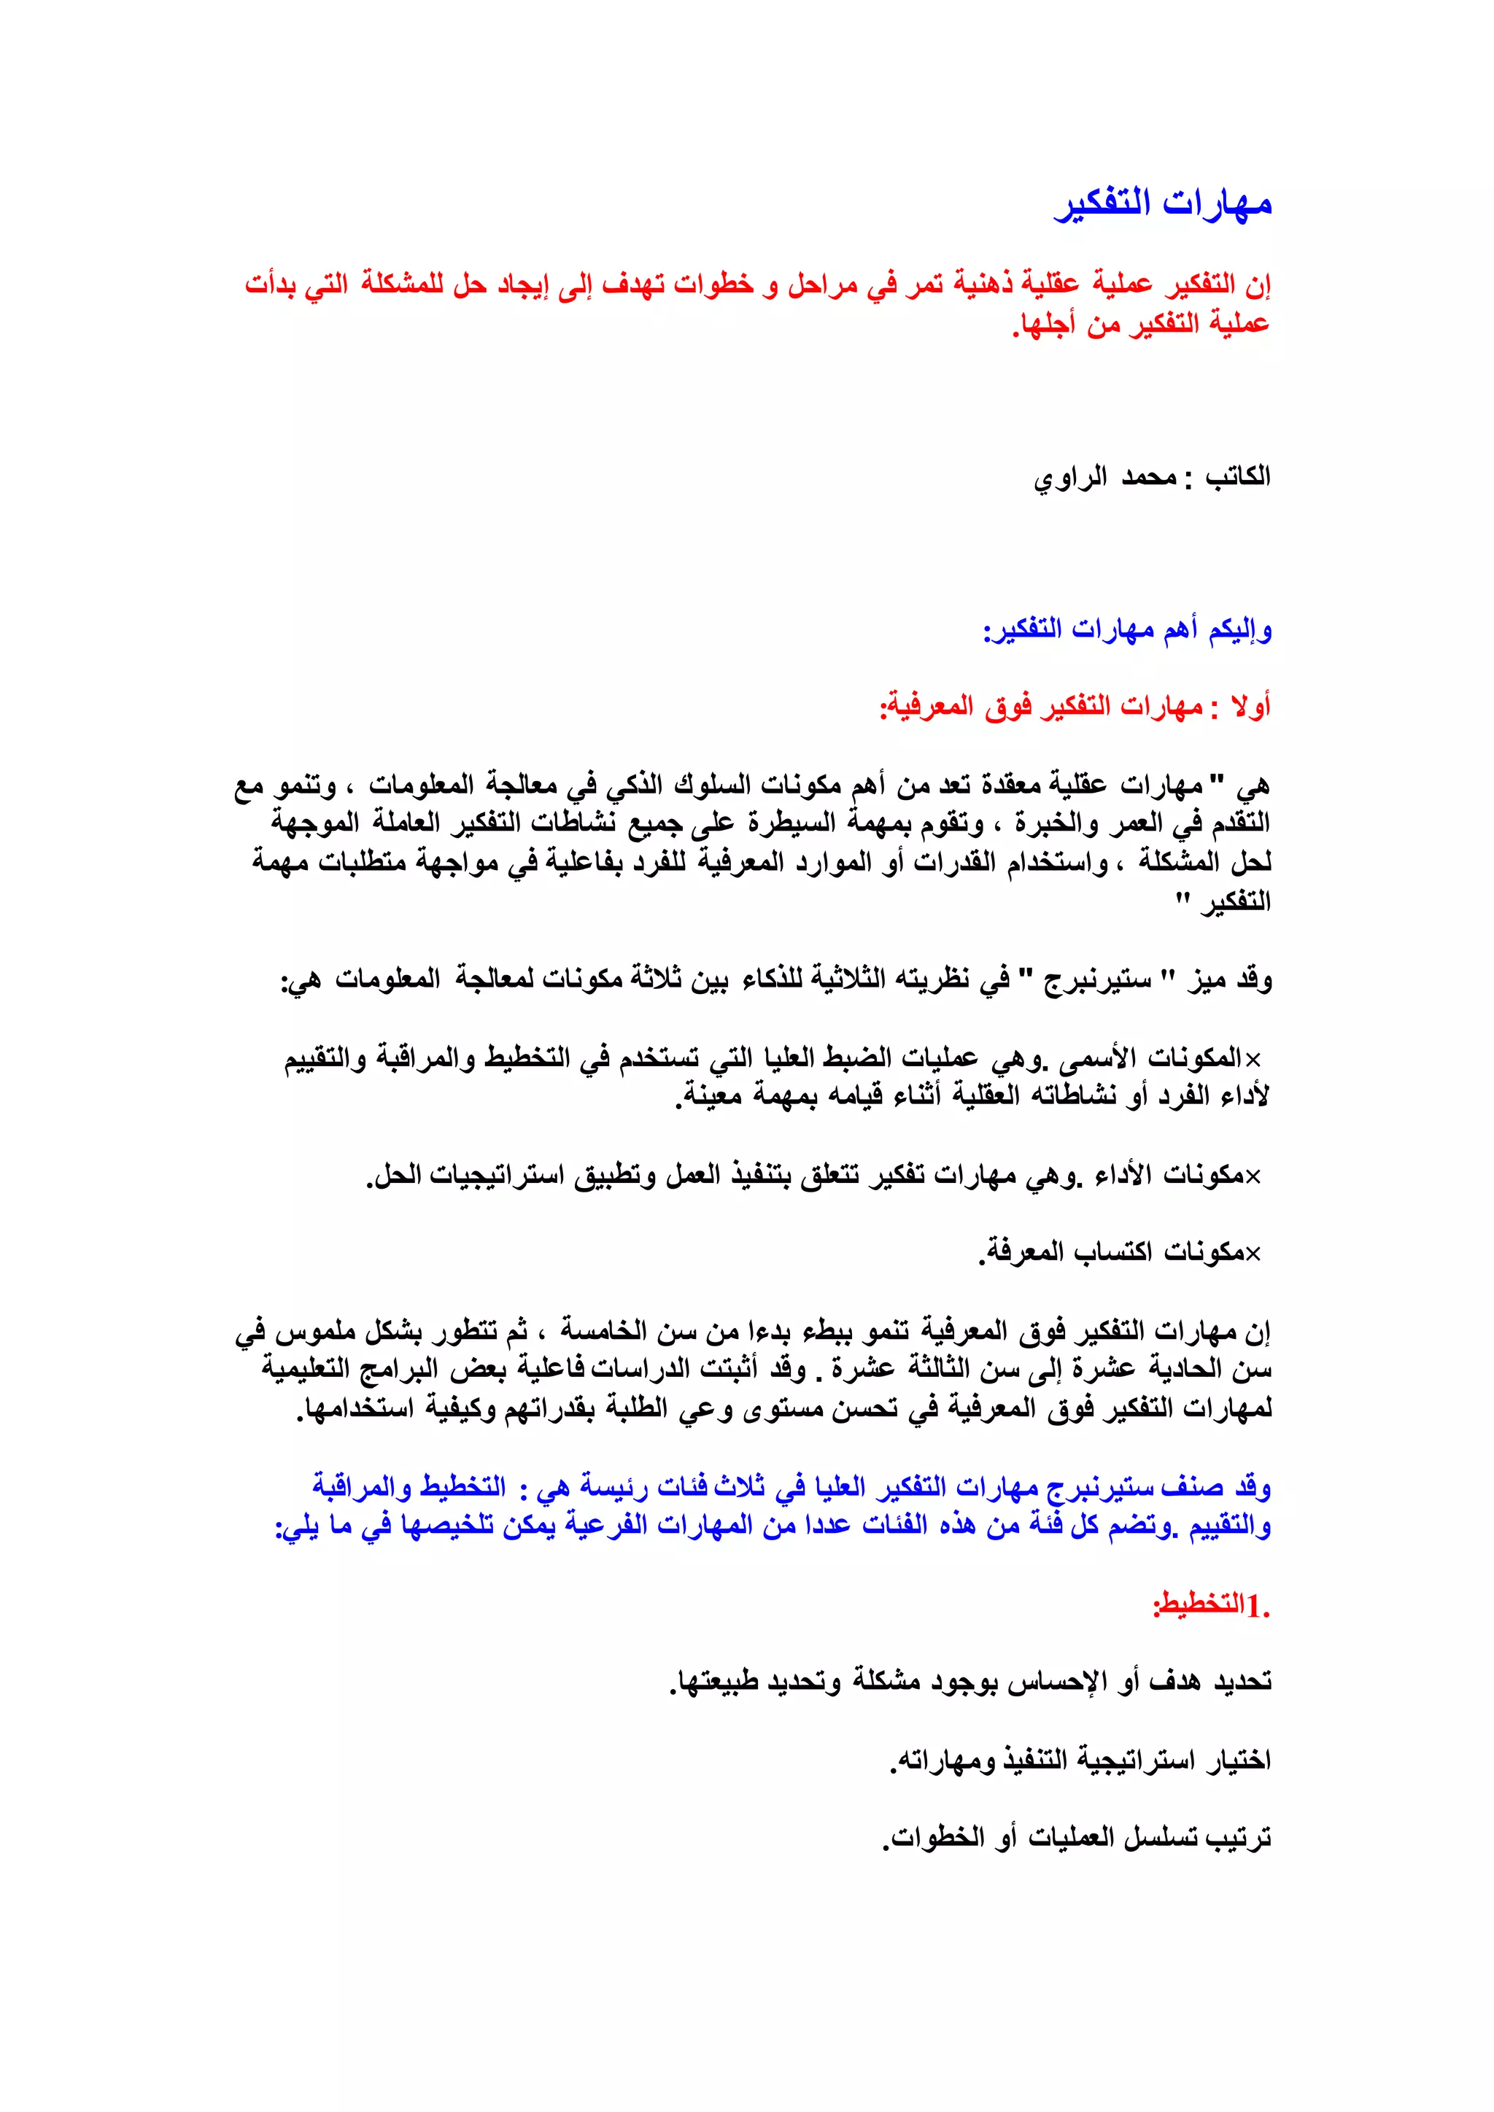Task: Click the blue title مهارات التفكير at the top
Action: click(1163, 203)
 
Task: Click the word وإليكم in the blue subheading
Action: click(1240, 630)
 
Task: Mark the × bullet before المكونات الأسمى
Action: click(1253, 1060)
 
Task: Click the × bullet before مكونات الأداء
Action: click(1253, 1176)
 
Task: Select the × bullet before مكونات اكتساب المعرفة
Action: click(1253, 1253)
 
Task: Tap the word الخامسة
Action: click(599, 1331)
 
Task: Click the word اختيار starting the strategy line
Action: click(1237, 1760)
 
